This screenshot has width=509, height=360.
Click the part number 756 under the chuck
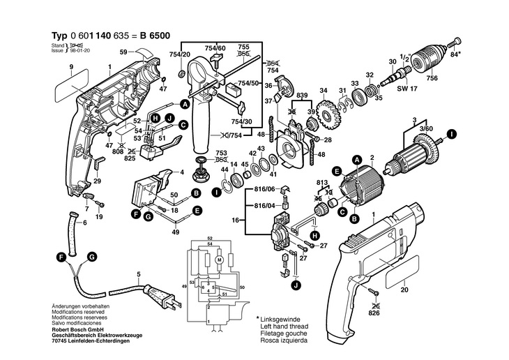pos(432,78)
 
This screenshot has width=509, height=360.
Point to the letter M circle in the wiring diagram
pos(218,260)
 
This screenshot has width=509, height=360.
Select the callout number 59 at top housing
pos(123,52)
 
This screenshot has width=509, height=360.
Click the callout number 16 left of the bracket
pos(235,220)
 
